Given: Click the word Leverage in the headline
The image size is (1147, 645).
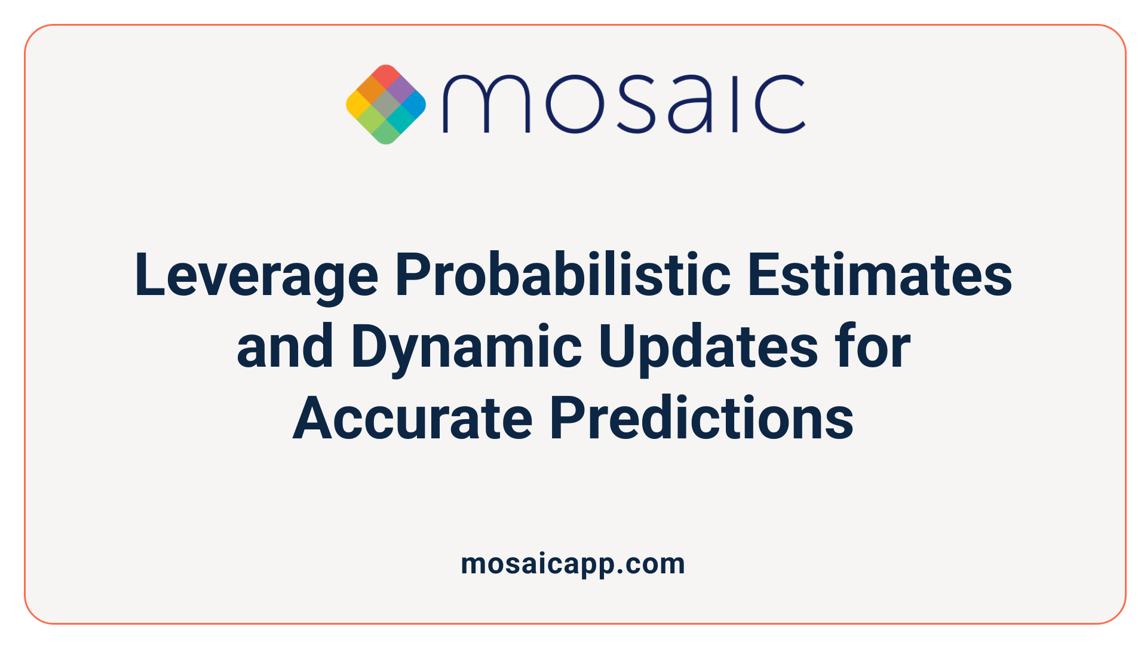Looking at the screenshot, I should pyautogui.click(x=256, y=275).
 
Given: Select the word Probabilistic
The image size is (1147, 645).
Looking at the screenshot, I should pyautogui.click(x=563, y=275).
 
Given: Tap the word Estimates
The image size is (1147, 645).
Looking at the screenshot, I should pyautogui.click(x=879, y=275).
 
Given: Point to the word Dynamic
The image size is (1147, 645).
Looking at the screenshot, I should pyautogui.click(x=466, y=348).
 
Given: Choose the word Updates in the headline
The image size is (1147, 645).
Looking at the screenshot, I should pyautogui.click(x=709, y=348).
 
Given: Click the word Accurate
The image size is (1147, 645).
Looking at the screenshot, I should pyautogui.click(x=412, y=419).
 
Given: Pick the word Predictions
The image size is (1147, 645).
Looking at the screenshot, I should pyautogui.click(x=701, y=419).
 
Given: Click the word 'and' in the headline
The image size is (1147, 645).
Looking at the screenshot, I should pyautogui.click(x=285, y=347).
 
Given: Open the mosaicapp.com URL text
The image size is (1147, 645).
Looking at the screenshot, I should pyautogui.click(x=573, y=564).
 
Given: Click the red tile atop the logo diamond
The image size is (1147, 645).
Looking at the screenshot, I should pyautogui.click(x=386, y=76).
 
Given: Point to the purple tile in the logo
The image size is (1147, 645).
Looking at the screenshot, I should pyautogui.click(x=400, y=90).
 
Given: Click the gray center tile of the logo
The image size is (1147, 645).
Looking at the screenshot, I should pyautogui.click(x=386, y=105).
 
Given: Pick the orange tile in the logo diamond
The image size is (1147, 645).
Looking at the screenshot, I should pyautogui.click(x=372, y=90).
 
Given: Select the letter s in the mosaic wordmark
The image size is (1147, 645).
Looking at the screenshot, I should pyautogui.click(x=635, y=104).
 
